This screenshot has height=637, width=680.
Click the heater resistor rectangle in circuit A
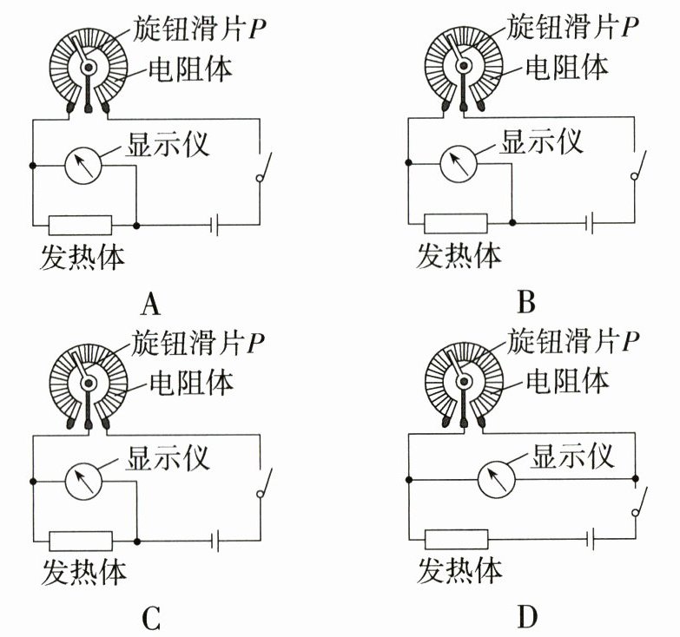click(80, 225)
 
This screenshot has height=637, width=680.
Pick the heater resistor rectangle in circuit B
click(455, 223)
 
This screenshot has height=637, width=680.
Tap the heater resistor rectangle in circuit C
click(80, 541)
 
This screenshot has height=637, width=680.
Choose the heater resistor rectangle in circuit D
click(455, 539)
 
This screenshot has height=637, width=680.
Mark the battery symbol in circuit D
click(591, 539)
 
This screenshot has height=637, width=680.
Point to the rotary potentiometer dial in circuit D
click(464, 380)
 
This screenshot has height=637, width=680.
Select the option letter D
click(527, 617)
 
